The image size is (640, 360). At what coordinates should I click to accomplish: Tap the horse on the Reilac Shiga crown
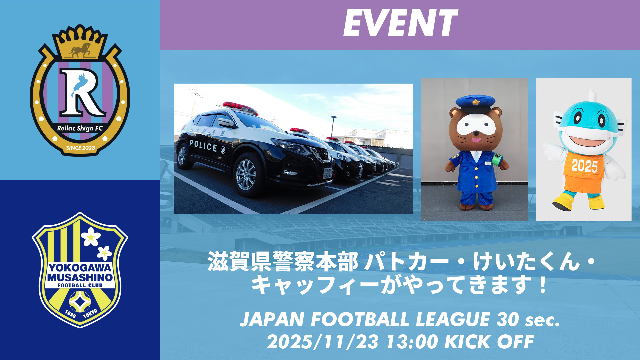tap(80, 50)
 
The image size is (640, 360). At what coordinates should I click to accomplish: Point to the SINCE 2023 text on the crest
tap(80, 148)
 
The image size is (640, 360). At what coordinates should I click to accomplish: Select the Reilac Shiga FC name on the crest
tap(80, 128)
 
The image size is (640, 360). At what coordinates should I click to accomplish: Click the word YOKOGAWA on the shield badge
tap(80, 268)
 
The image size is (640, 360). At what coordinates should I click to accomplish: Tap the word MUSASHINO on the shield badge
tap(80, 277)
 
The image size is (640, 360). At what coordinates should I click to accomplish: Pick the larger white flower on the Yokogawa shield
tap(90, 237)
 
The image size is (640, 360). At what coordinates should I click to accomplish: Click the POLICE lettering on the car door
tap(203, 146)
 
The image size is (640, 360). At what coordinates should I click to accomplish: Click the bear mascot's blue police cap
tap(475, 103)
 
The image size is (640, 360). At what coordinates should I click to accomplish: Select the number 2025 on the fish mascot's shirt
tap(584, 166)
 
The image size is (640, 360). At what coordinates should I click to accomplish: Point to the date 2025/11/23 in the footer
tap(323, 342)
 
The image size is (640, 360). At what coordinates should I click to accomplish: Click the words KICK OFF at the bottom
tap(489, 342)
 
